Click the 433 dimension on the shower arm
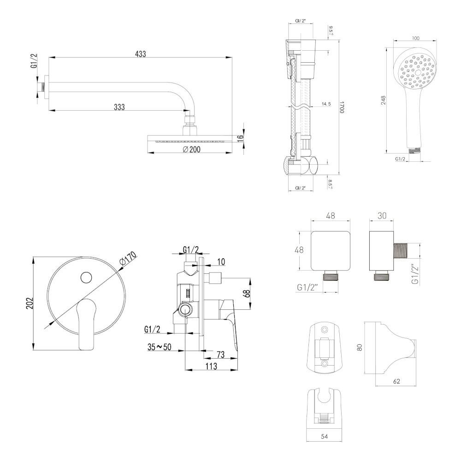pos(141,54)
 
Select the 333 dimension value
pos(119,107)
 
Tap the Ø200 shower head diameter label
pos(189,149)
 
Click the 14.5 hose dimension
pos(326,104)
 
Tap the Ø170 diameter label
pos(128,259)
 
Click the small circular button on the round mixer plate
pos(86,278)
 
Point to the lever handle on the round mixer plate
pos(86,323)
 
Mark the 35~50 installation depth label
pos(160,347)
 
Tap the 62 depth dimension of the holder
pos(397,381)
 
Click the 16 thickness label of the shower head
pos(240,139)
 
